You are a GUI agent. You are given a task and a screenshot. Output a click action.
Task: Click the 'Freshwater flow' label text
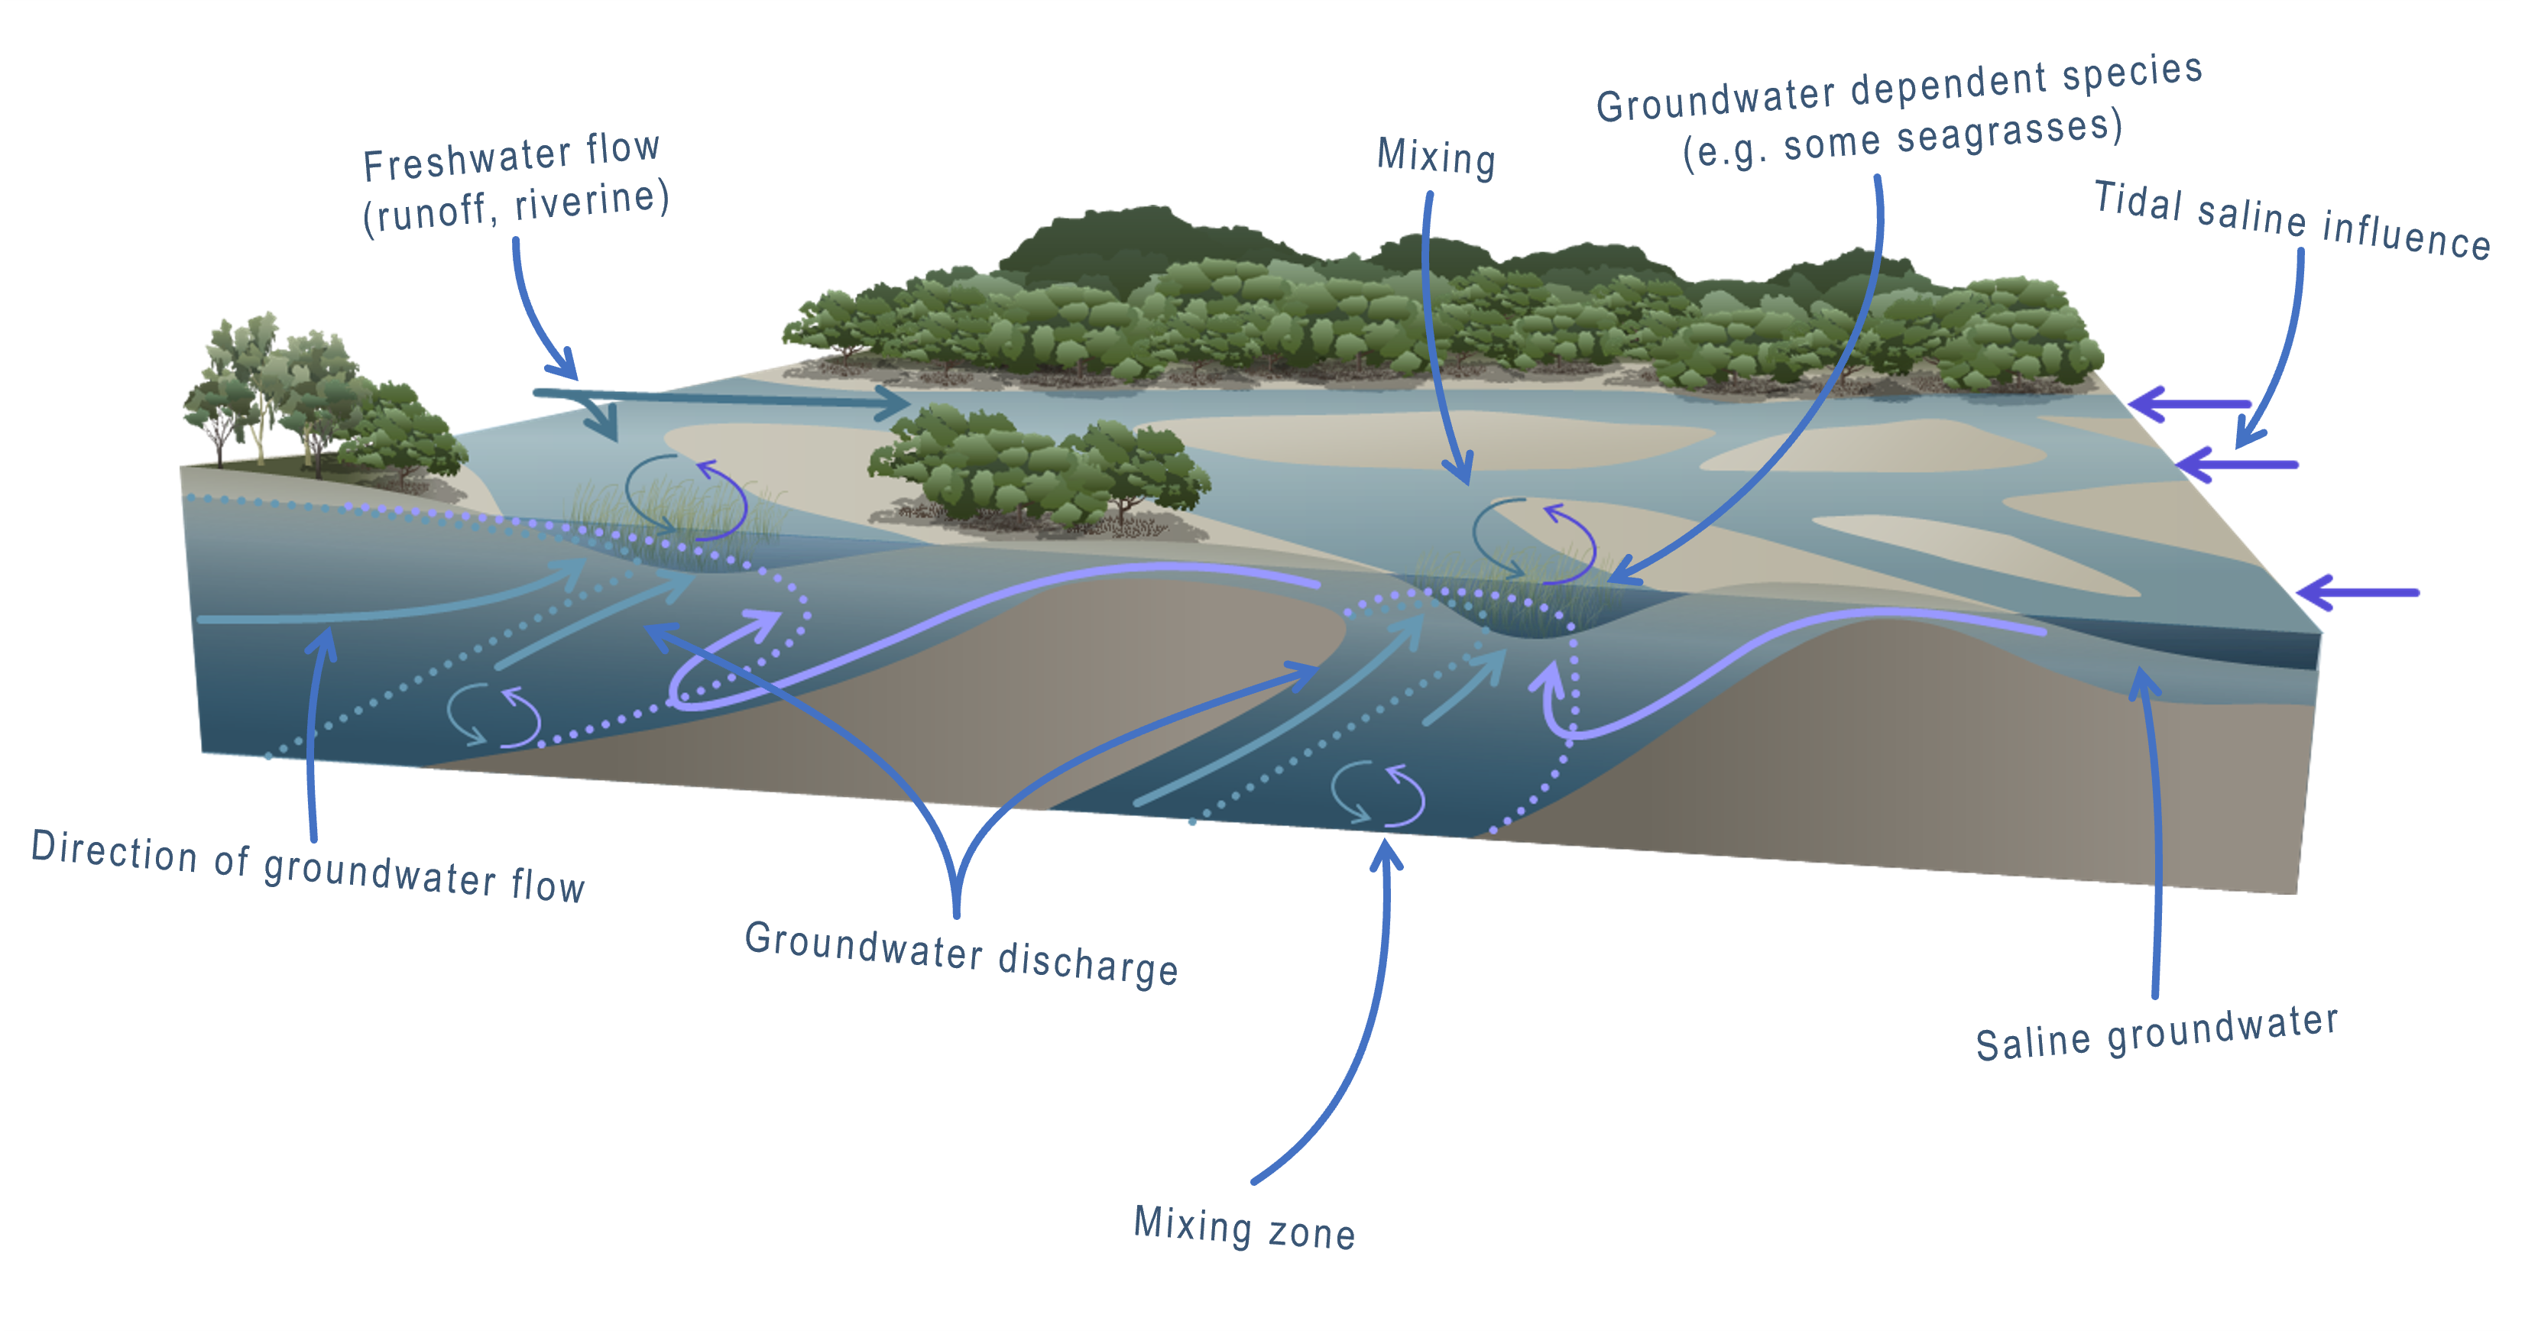click(x=511, y=157)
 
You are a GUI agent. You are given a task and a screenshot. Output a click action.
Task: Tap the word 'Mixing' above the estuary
click(x=1435, y=157)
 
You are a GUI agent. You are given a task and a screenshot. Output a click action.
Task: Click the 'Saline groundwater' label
click(x=2156, y=1034)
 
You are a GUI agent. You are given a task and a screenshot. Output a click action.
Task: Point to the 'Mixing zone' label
click(x=1244, y=1228)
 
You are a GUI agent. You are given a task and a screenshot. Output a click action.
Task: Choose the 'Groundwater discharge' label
click(x=961, y=954)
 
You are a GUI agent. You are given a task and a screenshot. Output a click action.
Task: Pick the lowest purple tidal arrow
click(x=2358, y=592)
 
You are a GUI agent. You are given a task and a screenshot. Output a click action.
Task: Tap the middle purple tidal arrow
click(x=2237, y=464)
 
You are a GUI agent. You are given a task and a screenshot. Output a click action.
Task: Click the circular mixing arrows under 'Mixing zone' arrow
click(x=1377, y=793)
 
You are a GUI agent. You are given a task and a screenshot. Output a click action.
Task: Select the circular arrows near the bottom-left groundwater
click(x=494, y=715)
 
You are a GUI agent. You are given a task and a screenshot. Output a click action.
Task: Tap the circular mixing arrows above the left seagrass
click(x=686, y=497)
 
